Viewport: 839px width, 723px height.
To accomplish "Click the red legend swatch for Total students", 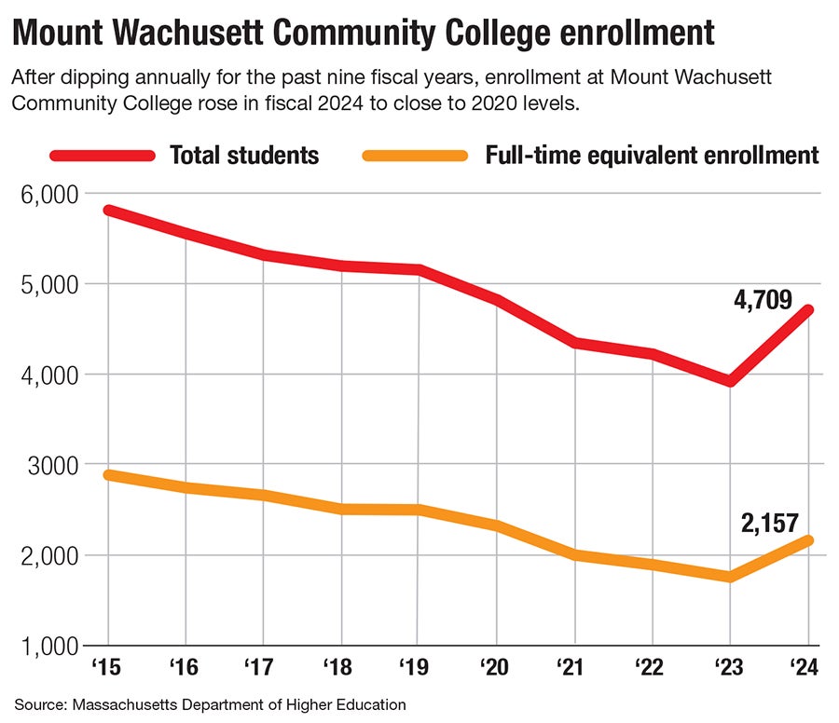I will point(102,155).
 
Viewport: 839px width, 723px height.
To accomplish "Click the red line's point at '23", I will point(730,380).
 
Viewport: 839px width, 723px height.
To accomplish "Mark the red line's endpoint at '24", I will point(807,309).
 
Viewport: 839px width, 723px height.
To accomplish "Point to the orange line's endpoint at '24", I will point(807,540).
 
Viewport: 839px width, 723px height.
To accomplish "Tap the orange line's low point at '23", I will point(730,577).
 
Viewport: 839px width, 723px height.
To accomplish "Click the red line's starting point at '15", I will point(109,211).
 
